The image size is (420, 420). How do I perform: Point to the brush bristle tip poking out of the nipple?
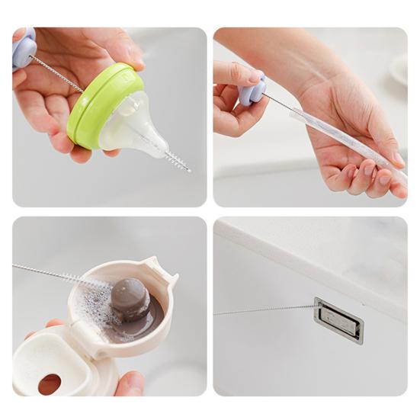point(180,162)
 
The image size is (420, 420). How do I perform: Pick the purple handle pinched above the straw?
point(252,89)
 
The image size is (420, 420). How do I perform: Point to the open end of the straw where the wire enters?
point(293,111)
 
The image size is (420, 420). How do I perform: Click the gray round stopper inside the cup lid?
point(129,297)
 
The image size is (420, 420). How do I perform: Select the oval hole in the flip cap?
point(50,384)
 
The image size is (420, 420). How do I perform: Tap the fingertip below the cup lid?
point(130,383)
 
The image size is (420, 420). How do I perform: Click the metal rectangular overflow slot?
point(338,320)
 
